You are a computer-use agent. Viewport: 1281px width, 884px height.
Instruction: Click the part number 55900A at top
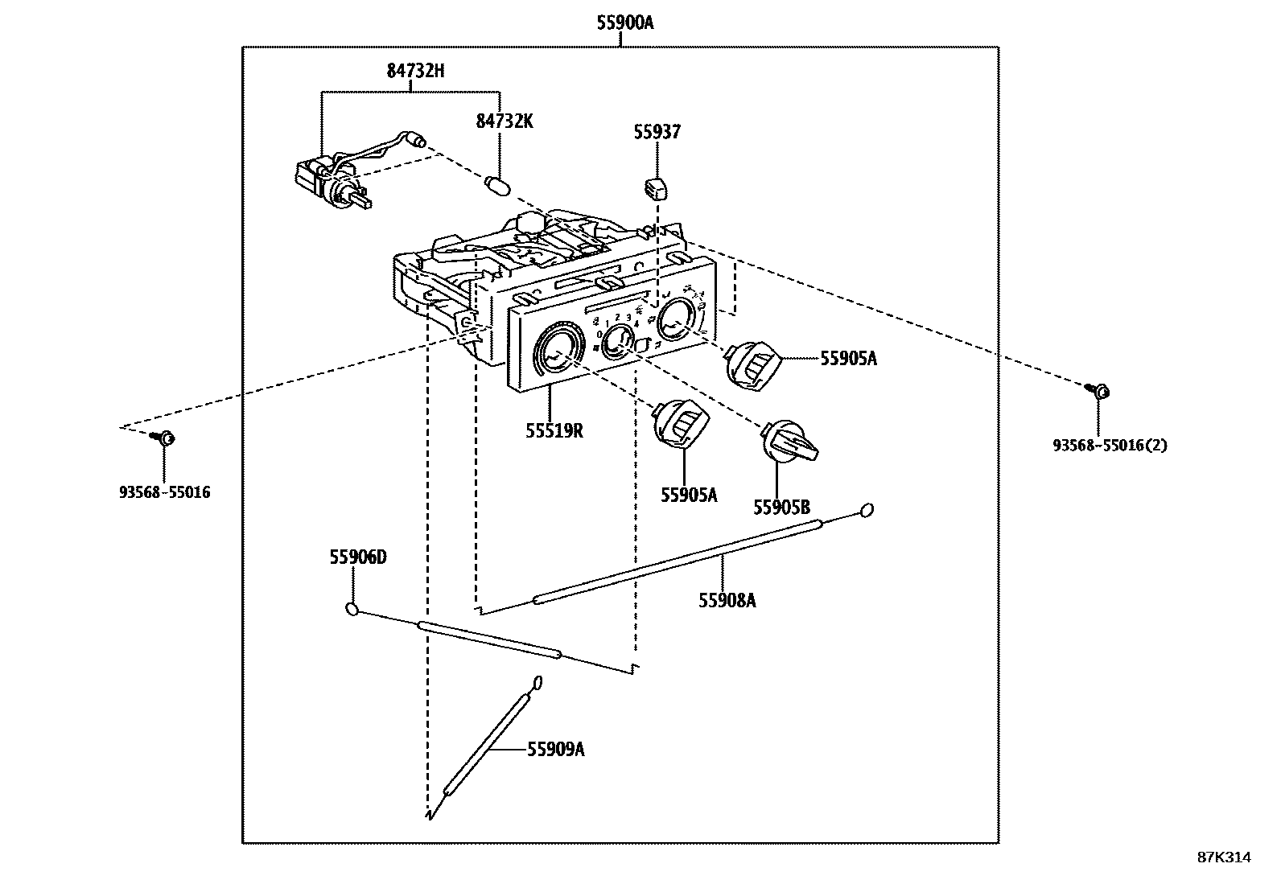[x=624, y=23]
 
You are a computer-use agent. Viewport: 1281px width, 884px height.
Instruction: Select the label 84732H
[x=415, y=71]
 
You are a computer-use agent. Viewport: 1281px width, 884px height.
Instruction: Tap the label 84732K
[x=505, y=121]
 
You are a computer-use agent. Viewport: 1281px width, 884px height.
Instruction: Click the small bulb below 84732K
[x=499, y=186]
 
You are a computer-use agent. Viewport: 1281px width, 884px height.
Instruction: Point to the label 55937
[x=657, y=132]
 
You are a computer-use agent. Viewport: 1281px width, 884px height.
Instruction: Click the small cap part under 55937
[x=657, y=188]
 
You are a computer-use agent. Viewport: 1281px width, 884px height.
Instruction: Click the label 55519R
[x=554, y=430]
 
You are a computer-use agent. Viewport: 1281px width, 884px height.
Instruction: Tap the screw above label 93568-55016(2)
[x=1100, y=391]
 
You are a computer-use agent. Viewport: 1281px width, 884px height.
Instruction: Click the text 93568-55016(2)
[x=1110, y=445]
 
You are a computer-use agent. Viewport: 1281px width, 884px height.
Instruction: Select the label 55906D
[x=357, y=557]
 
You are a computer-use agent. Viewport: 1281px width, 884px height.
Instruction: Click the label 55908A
[x=727, y=600]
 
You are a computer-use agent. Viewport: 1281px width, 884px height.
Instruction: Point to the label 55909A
[x=555, y=750]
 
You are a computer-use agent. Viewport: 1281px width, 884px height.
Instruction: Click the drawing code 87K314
[x=1224, y=857]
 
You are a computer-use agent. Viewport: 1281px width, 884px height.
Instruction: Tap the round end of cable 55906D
[x=352, y=609]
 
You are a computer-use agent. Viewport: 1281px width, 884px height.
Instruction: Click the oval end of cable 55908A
[x=867, y=509]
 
